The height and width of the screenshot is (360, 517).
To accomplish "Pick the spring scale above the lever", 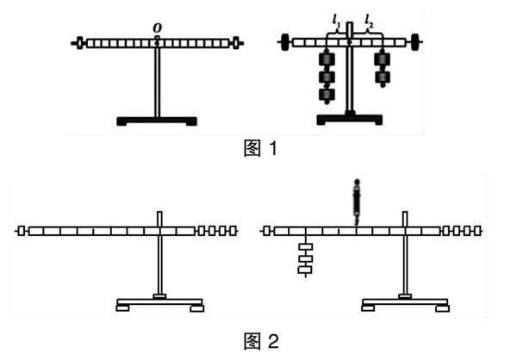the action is pos(356,199).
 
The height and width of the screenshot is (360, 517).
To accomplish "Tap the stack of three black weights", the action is pos(327,77).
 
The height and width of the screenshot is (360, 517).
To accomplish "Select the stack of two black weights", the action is pos(383,67).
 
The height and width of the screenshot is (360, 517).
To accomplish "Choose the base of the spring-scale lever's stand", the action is pos(404,302).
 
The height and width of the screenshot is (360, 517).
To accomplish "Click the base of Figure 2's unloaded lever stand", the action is pos(160,302).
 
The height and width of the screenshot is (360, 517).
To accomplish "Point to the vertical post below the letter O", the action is pos(158,82).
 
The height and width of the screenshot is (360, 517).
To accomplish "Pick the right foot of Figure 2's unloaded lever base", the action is pos(197,307).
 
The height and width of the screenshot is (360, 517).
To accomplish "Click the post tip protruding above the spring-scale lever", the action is pos(404,216).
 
